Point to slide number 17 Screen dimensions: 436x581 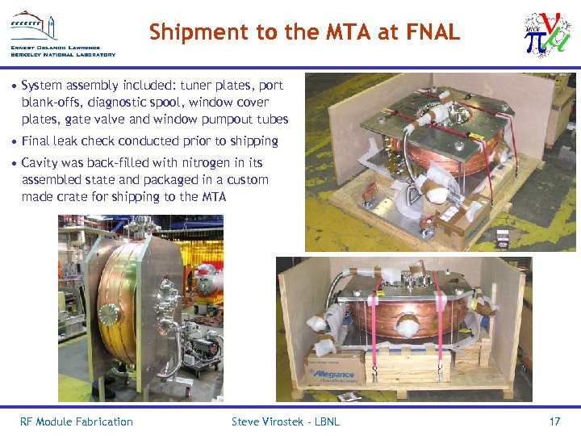554,421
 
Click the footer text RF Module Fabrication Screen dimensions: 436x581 76,421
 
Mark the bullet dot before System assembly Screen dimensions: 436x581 15,86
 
